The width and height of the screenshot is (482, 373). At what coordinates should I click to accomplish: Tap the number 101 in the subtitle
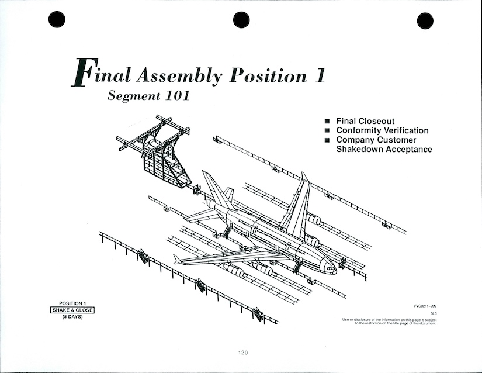point(175,96)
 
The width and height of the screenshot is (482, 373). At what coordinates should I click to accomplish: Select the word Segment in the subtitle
point(132,96)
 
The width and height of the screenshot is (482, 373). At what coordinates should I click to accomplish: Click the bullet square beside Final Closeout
point(327,122)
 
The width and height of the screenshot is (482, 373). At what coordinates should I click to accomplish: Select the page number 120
point(243,353)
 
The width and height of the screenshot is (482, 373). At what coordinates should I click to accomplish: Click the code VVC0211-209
point(425,306)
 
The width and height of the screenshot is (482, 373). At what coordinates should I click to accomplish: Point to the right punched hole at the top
point(425,20)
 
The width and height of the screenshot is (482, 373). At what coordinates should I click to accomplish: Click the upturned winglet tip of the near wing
point(177,259)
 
